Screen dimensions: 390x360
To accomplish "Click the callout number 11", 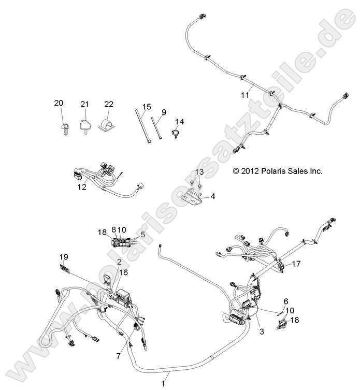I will (245, 95).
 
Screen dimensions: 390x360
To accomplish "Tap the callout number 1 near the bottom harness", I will (164, 383).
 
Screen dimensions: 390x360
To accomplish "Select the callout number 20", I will (59, 104).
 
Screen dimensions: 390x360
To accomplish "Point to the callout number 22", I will (109, 104).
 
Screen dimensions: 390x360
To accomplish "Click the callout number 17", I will (296, 264).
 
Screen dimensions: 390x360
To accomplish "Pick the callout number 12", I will (82, 187).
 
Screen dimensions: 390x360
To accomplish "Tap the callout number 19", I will (64, 256).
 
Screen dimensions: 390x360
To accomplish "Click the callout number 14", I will (179, 122).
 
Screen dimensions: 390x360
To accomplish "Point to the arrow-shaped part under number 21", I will (85, 126).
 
